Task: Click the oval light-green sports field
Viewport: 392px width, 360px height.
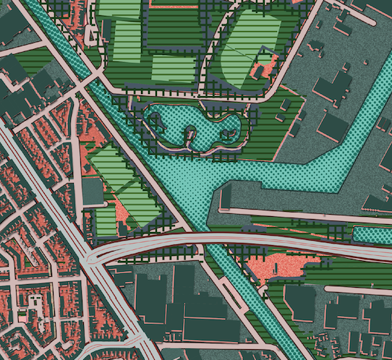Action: click(x=250, y=43)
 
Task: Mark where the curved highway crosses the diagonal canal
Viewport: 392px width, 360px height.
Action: click(x=210, y=243)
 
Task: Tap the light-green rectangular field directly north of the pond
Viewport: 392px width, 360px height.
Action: click(x=174, y=69)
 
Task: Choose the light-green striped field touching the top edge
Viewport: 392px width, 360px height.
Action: click(x=119, y=9)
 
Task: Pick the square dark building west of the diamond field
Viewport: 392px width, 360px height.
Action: click(x=93, y=192)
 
